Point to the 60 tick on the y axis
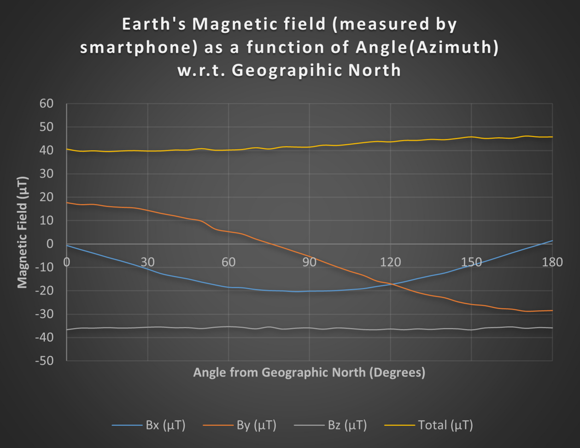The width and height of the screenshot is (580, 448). point(46,104)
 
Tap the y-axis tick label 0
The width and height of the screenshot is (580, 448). point(50,244)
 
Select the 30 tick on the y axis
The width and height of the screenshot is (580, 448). point(46,174)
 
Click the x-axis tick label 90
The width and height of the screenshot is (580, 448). point(309,262)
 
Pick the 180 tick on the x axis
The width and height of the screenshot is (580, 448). point(552,262)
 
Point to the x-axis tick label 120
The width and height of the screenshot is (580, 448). point(390,262)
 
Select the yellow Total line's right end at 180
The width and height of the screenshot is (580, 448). point(552,137)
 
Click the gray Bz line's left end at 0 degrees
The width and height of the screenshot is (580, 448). point(67,330)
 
